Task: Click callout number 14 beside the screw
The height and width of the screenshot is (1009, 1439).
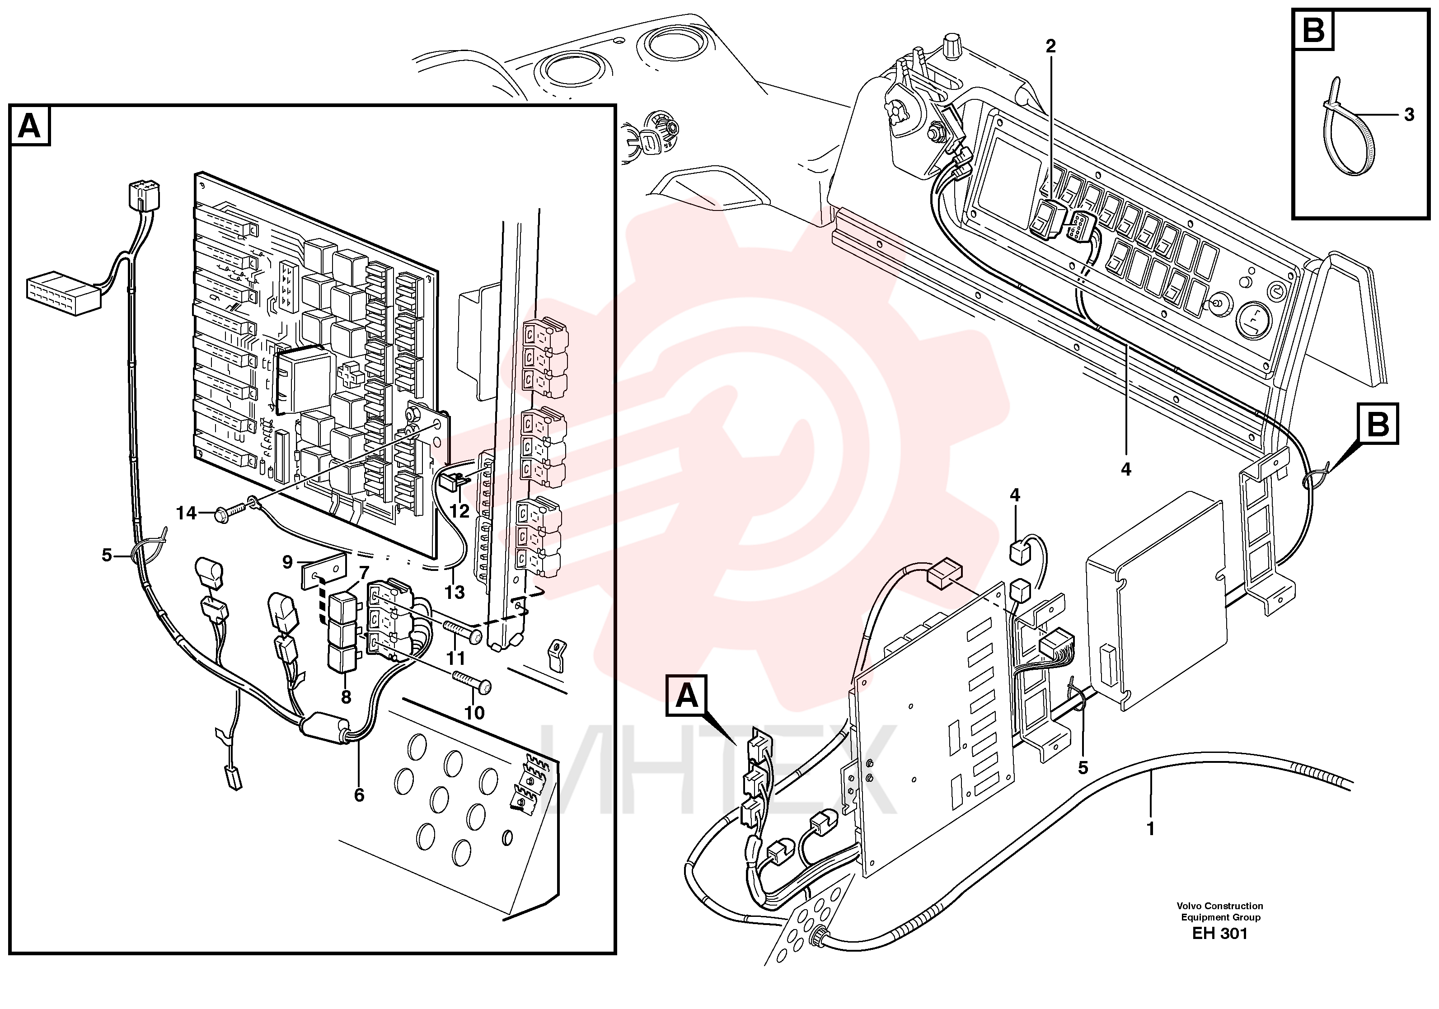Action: point(186,513)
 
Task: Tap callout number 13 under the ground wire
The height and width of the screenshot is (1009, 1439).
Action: point(455,592)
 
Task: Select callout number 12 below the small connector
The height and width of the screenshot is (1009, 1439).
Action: point(459,511)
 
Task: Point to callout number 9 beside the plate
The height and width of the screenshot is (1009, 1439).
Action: point(288,562)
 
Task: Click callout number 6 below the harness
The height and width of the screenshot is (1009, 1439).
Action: point(358,794)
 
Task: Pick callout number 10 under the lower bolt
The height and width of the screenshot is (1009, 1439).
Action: point(474,713)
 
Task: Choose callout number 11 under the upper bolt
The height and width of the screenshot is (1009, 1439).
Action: point(455,659)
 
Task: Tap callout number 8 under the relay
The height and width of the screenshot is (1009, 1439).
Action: point(345,697)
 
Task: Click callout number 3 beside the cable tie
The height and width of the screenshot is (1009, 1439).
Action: point(1409,115)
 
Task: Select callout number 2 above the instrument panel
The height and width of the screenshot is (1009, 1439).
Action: point(1050,46)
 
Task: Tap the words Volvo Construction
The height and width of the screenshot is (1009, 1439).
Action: point(1219,906)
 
